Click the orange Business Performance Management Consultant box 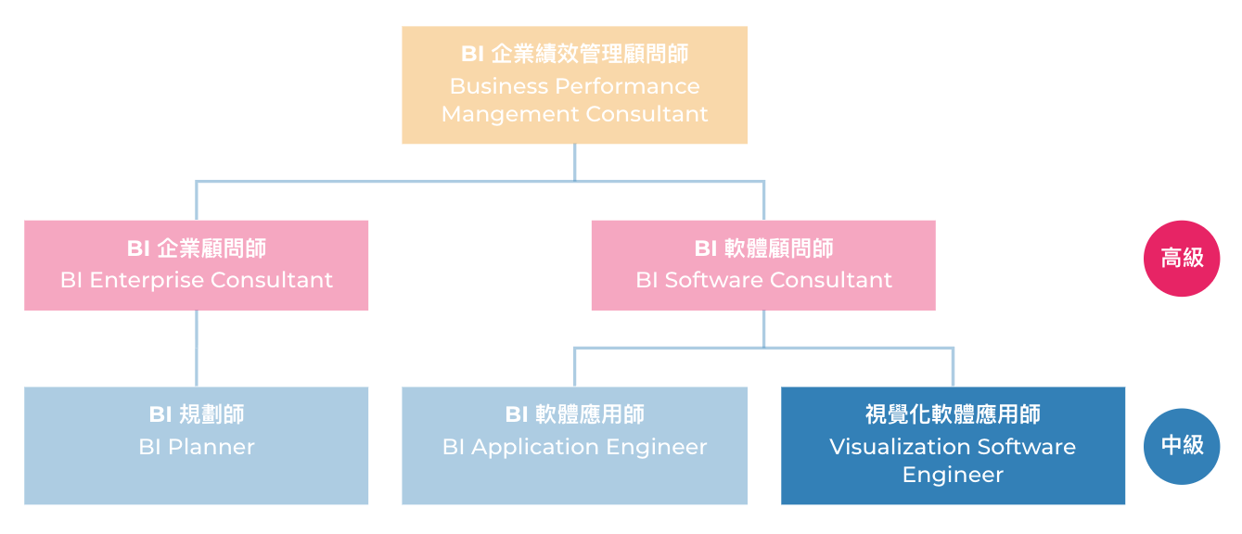[x=574, y=84]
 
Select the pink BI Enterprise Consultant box [x=196, y=265]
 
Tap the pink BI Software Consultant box [x=763, y=265]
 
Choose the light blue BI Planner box [x=196, y=446]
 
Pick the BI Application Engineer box [x=574, y=446]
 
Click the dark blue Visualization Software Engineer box [x=953, y=446]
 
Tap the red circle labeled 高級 [x=1181, y=259]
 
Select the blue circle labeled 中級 [x=1181, y=446]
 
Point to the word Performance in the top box [x=627, y=86]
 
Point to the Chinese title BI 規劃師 [x=196, y=414]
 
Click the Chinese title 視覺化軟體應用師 [x=953, y=414]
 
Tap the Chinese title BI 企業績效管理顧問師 [x=574, y=55]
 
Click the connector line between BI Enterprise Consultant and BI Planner [x=197, y=348]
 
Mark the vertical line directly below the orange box [x=574, y=161]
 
